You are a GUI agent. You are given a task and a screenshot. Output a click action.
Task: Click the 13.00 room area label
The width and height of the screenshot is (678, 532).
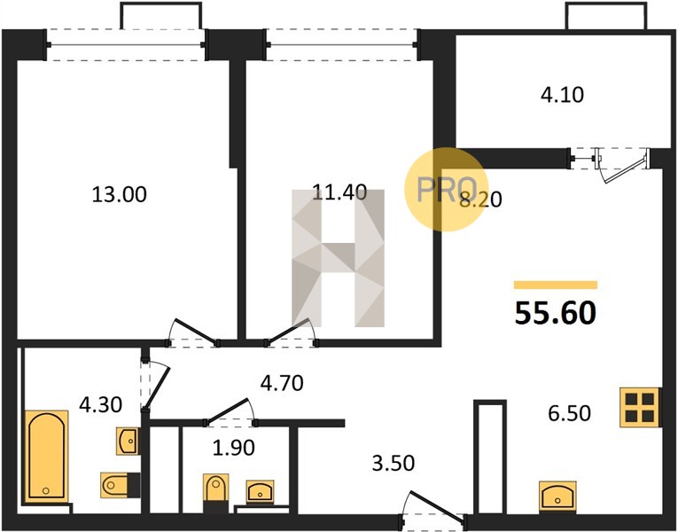(120, 195)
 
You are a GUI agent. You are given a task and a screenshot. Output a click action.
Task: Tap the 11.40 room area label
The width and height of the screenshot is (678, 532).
(339, 192)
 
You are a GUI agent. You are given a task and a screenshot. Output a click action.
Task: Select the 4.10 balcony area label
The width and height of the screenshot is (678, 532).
(562, 95)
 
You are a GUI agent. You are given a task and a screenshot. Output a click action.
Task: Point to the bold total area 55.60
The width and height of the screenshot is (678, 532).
(556, 313)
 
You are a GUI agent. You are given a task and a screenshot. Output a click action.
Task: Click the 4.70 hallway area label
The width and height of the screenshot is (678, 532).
(282, 383)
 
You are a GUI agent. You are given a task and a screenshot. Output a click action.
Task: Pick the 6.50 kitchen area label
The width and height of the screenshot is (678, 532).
(570, 413)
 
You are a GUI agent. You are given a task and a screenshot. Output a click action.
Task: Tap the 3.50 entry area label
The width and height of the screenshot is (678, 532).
(393, 463)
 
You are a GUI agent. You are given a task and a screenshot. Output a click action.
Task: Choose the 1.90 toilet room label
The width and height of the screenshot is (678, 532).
(233, 448)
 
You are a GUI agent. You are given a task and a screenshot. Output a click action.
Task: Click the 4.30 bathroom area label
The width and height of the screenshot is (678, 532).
(101, 405)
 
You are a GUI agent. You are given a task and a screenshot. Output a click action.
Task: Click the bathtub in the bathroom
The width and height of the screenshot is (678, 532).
(46, 457)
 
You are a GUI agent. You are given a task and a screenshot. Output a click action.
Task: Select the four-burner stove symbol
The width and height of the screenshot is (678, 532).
(640, 408)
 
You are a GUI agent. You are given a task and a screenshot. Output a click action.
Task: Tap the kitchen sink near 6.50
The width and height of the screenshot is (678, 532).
(557, 497)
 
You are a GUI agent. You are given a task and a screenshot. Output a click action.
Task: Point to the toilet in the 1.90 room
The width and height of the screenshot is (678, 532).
(215, 488)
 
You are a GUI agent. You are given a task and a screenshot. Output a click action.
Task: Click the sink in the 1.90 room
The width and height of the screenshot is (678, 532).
(260, 492)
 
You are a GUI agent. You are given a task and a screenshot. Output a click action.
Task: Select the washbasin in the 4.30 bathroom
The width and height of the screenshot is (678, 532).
(127, 441)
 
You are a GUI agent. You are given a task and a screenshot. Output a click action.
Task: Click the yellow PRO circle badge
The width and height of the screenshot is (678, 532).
(447, 189)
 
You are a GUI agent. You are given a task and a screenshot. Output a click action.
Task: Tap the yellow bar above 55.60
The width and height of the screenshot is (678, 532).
(556, 285)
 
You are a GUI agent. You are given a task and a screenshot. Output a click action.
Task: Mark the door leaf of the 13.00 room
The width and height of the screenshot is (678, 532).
(194, 331)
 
